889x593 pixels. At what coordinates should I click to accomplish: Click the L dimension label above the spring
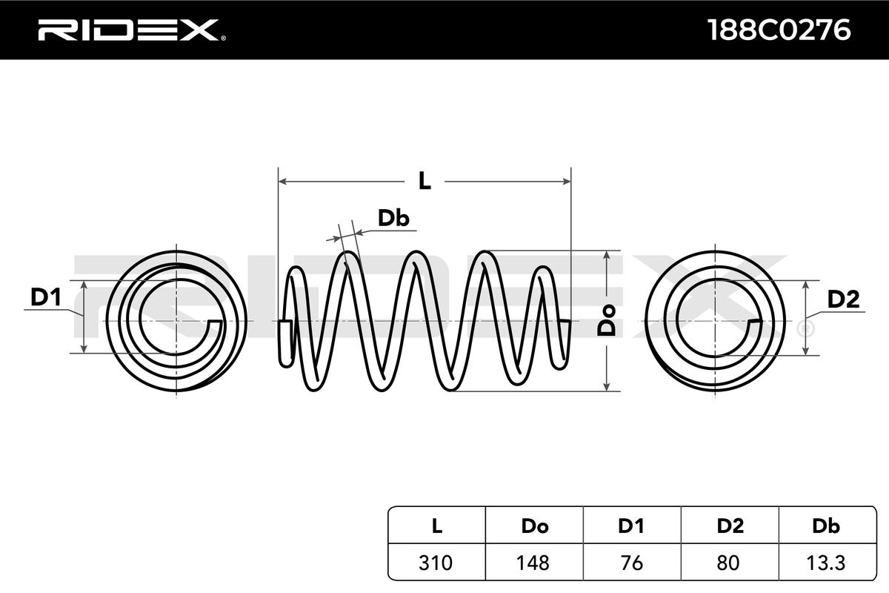(x=424, y=180)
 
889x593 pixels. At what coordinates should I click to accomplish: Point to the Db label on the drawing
(x=393, y=218)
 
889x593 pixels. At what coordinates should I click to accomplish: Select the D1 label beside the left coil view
(x=45, y=297)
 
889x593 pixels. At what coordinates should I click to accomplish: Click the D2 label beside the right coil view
(x=842, y=299)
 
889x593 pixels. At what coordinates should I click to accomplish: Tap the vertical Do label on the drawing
(x=607, y=320)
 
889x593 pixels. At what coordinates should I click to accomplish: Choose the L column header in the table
(x=437, y=526)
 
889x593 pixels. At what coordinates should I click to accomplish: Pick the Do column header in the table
(x=534, y=526)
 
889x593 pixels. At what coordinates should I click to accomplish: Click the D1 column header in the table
(x=631, y=526)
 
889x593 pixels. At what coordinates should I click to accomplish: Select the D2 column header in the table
(x=730, y=526)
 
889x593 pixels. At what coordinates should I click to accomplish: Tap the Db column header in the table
(x=826, y=526)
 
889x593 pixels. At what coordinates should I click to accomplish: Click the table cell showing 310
(x=437, y=562)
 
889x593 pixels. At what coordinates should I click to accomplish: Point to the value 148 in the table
(x=534, y=562)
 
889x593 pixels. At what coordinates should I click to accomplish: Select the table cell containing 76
(x=631, y=562)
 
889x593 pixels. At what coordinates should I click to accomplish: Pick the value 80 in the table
(x=730, y=562)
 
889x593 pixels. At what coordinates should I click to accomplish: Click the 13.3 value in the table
(x=826, y=562)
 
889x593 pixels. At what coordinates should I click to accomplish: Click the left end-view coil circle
(x=176, y=320)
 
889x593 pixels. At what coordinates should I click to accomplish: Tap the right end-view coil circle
(x=716, y=320)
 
